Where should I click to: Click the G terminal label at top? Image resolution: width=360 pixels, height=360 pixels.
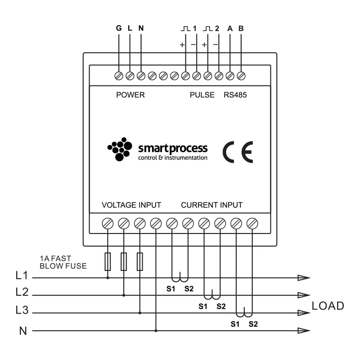[119, 28]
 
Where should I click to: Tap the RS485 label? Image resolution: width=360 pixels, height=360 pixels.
[235, 95]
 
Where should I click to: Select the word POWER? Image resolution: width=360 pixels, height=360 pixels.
[130, 95]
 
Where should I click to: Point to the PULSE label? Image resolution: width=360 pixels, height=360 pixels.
[202, 95]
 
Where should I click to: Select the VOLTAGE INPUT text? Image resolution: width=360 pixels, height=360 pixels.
[131, 205]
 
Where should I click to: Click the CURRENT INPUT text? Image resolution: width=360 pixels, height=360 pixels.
[211, 205]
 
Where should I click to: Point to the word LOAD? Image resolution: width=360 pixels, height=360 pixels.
[328, 306]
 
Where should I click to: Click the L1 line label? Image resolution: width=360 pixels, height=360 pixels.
[22, 275]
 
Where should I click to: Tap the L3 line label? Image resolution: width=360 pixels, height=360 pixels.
[22, 310]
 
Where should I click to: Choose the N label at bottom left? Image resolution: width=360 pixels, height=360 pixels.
[23, 331]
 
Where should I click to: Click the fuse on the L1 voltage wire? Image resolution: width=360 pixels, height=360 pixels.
[108, 261]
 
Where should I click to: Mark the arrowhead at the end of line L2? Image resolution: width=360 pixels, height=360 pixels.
[304, 296]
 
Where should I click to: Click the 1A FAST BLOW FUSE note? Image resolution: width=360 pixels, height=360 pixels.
[63, 262]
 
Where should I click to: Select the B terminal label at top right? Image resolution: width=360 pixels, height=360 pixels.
[241, 28]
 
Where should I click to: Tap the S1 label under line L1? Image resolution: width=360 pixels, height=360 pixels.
[171, 289]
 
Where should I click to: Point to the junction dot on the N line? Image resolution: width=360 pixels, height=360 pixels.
[156, 331]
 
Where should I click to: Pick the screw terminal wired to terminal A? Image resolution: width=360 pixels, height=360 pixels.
[230, 76]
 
